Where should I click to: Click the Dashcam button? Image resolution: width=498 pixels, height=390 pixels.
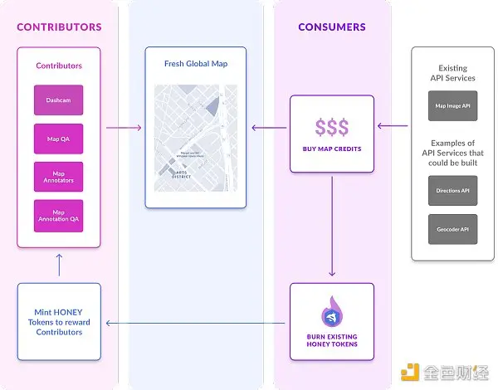(x=58, y=101)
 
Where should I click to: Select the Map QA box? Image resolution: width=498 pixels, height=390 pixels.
(x=58, y=139)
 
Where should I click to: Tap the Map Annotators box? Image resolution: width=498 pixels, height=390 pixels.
(x=58, y=177)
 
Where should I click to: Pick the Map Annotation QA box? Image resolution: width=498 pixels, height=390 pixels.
(x=58, y=216)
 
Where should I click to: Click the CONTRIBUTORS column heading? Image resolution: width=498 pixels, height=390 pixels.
(x=59, y=27)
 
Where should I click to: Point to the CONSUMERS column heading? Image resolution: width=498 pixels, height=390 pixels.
(x=332, y=27)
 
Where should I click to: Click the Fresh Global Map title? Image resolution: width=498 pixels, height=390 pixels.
(x=195, y=64)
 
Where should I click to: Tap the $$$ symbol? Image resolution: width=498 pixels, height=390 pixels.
(x=332, y=127)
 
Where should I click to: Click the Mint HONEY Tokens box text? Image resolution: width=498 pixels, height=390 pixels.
(x=59, y=321)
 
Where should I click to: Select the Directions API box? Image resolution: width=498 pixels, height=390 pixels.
(x=452, y=190)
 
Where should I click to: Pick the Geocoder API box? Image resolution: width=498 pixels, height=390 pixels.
(x=452, y=229)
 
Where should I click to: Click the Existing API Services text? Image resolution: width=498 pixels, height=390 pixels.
(x=452, y=73)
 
